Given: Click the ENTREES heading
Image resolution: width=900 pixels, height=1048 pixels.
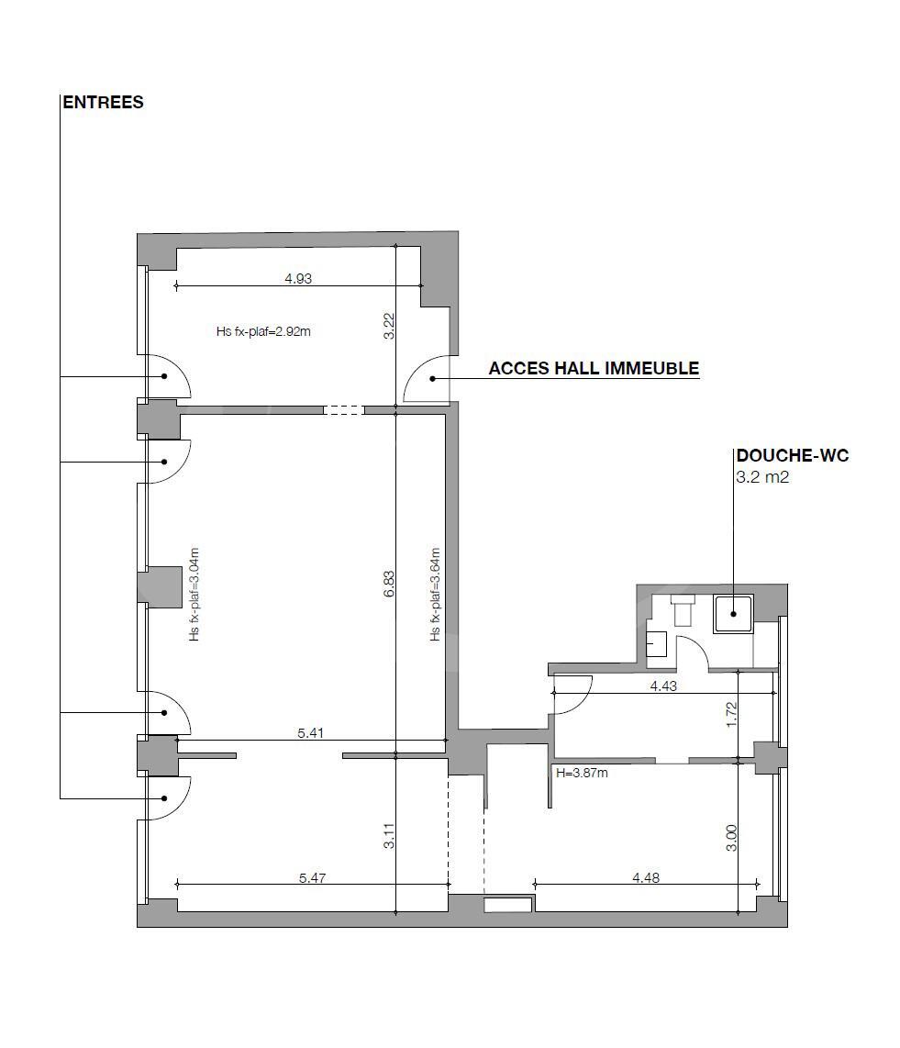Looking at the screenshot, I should (x=103, y=103).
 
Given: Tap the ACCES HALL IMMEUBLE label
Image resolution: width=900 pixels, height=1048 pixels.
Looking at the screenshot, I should (x=594, y=369).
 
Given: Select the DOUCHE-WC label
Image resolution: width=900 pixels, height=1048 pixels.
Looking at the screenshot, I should (x=792, y=456).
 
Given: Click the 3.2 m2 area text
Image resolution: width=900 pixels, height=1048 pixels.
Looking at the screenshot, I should (x=762, y=478).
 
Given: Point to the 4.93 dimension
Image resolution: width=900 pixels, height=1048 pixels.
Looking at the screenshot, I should (x=298, y=279).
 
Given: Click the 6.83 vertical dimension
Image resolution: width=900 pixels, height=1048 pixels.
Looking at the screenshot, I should (x=389, y=585).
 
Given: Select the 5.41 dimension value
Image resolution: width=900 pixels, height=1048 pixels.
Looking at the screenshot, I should (x=310, y=733).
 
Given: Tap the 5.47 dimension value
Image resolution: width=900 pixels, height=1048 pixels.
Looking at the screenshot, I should (x=312, y=878).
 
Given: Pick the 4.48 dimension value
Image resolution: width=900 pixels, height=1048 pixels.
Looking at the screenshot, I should (x=646, y=878).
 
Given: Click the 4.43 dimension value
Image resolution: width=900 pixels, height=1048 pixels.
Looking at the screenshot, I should (x=664, y=685).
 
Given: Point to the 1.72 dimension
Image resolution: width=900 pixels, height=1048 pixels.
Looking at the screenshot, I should (x=731, y=714).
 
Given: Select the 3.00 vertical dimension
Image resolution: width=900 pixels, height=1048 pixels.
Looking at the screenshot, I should (x=731, y=837).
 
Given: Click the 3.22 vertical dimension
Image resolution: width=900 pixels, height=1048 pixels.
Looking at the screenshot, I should (x=389, y=327).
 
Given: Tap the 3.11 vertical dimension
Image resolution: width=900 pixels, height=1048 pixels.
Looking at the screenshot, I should (x=389, y=836).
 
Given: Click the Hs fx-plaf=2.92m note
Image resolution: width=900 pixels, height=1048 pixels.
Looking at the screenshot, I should (x=263, y=331).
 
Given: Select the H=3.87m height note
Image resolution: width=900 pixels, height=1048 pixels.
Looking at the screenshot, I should (x=582, y=773).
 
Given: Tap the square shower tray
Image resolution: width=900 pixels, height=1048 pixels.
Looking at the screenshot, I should (x=733, y=614).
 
